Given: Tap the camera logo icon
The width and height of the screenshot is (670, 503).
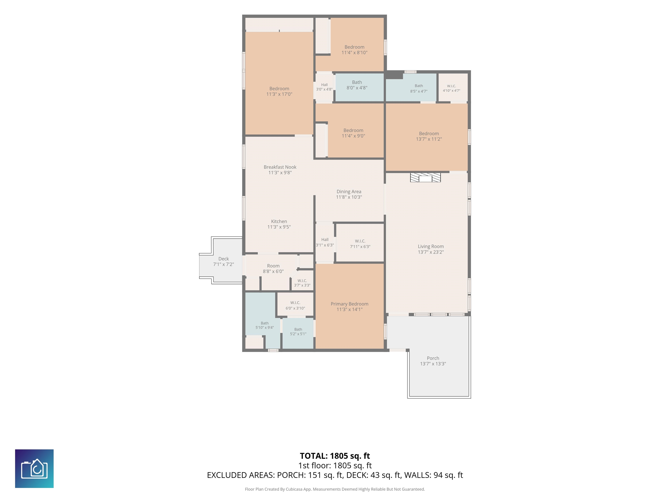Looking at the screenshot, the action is [34, 469].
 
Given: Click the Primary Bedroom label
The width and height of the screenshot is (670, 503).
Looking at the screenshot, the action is [350, 304].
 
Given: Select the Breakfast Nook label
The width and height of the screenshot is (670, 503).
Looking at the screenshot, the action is [280, 167].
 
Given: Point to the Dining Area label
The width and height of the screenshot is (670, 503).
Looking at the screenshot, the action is [349, 192].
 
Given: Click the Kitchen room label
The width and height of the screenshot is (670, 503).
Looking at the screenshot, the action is [279, 221].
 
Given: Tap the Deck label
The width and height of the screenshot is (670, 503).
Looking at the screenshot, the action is [224, 259].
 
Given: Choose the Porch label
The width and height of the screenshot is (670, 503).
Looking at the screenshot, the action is [433, 358].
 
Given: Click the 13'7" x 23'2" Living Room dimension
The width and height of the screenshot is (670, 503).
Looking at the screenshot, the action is [431, 252].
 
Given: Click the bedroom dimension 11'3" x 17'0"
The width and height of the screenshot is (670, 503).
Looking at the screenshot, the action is [279, 94].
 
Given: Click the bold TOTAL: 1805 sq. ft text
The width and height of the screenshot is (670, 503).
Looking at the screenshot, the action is [335, 456].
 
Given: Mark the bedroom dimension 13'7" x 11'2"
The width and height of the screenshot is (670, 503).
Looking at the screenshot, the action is [429, 139].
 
